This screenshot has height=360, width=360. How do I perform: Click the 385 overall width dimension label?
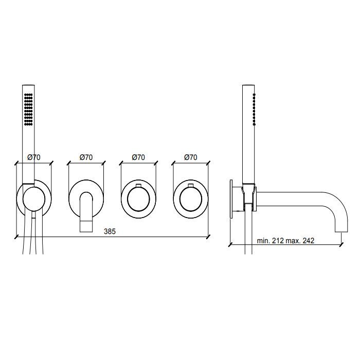[110, 231]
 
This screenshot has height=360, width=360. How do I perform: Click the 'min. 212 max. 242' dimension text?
[285, 241]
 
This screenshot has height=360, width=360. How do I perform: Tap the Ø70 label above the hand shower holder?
[34, 157]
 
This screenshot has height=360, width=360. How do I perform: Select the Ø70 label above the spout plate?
[86, 157]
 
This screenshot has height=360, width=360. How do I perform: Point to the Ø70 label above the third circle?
[138, 157]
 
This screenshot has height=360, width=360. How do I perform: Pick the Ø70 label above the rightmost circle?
[191, 157]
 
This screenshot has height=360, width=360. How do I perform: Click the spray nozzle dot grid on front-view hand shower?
[28, 109]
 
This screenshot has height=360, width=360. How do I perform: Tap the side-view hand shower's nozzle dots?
[254, 109]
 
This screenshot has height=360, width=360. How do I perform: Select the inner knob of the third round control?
[138, 199]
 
